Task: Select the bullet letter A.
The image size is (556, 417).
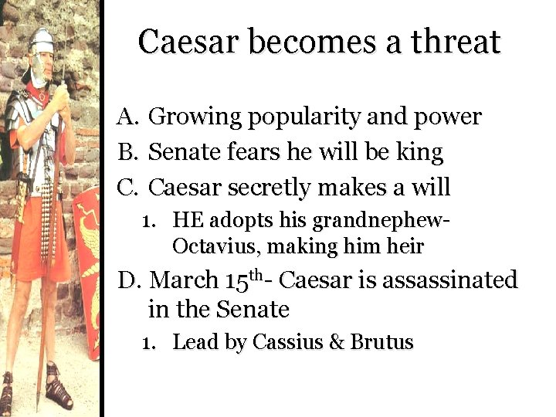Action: click(x=127, y=117)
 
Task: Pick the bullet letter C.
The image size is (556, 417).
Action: click(x=127, y=188)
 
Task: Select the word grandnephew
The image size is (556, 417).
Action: click(x=377, y=222)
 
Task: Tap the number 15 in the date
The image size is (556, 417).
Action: click(x=239, y=280)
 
